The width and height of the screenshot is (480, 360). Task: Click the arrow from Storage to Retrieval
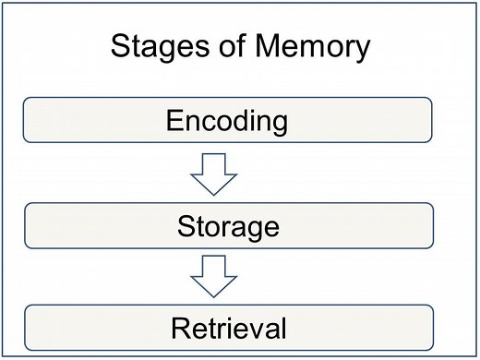pyautogui.click(x=220, y=277)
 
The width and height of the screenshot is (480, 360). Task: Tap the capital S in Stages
pyautogui.click(x=118, y=46)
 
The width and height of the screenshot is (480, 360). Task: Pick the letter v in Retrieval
pyautogui.click(x=260, y=330)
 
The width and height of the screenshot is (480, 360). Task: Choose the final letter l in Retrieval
pyautogui.click(x=284, y=328)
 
